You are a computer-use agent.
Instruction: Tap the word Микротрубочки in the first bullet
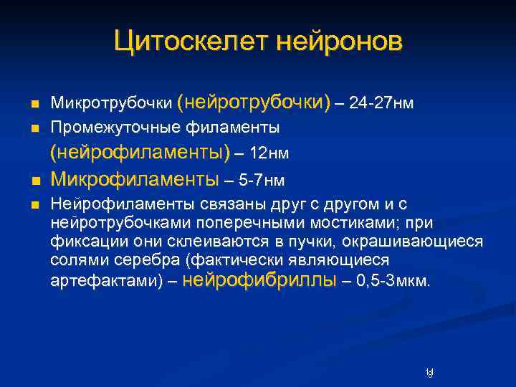(x=111, y=105)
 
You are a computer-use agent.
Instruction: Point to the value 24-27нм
(x=381, y=104)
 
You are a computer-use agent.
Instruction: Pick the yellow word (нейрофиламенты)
(x=140, y=153)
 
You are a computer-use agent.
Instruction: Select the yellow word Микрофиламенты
(x=135, y=177)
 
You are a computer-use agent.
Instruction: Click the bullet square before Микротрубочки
(x=35, y=105)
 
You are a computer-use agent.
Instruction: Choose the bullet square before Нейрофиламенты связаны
(x=35, y=204)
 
